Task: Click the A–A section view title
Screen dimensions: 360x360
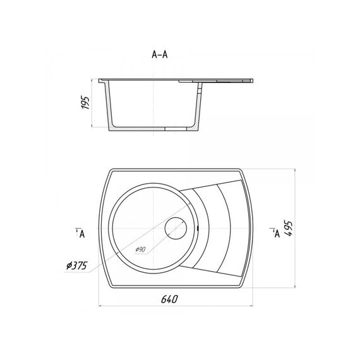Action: pos(160,55)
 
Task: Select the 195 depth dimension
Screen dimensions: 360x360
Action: pos(85,102)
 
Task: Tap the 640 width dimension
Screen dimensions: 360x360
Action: pos(169,299)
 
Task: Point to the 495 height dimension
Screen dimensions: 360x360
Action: pos(288,229)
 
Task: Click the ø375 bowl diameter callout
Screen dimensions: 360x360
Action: pos(76,266)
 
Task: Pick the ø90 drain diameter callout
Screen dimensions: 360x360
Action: pos(140,249)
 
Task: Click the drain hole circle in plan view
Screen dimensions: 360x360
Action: pos(176,228)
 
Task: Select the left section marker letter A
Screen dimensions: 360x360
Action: pos(82,234)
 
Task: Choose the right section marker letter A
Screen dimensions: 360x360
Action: pos(277,234)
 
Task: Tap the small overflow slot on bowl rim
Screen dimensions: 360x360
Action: pos(198,228)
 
